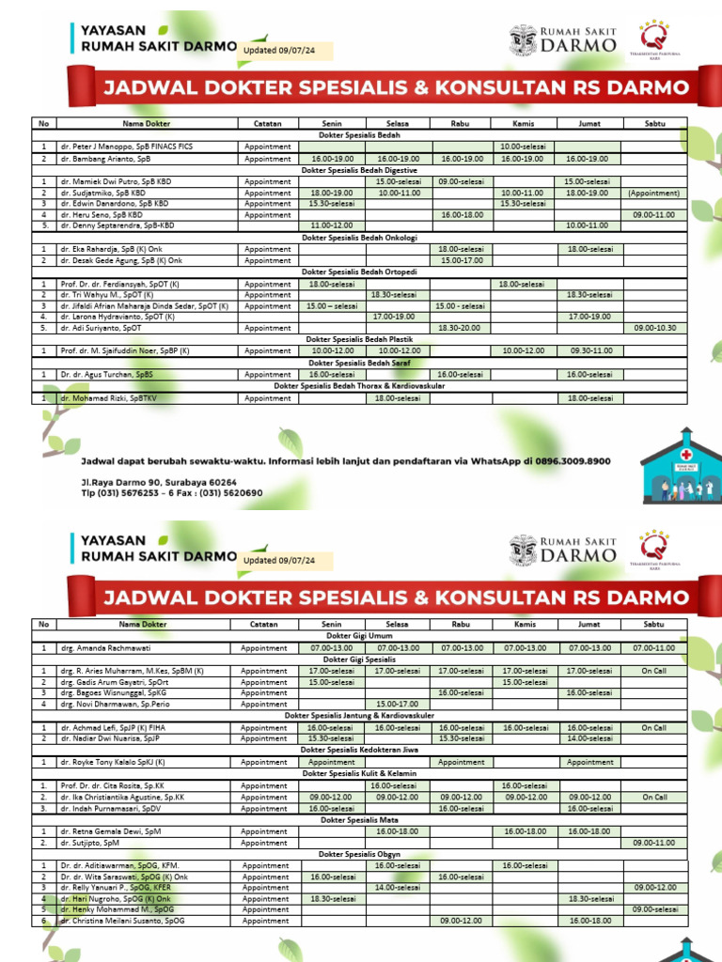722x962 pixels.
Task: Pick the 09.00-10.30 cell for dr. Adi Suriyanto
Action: tap(654, 328)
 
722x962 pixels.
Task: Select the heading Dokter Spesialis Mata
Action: tap(361, 820)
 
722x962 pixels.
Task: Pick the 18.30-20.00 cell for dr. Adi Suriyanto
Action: tap(462, 328)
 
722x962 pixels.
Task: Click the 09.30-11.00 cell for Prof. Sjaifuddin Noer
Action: tap(589, 350)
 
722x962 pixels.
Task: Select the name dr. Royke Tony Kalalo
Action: tap(112, 763)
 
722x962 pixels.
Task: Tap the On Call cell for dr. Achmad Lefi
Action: tap(654, 728)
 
